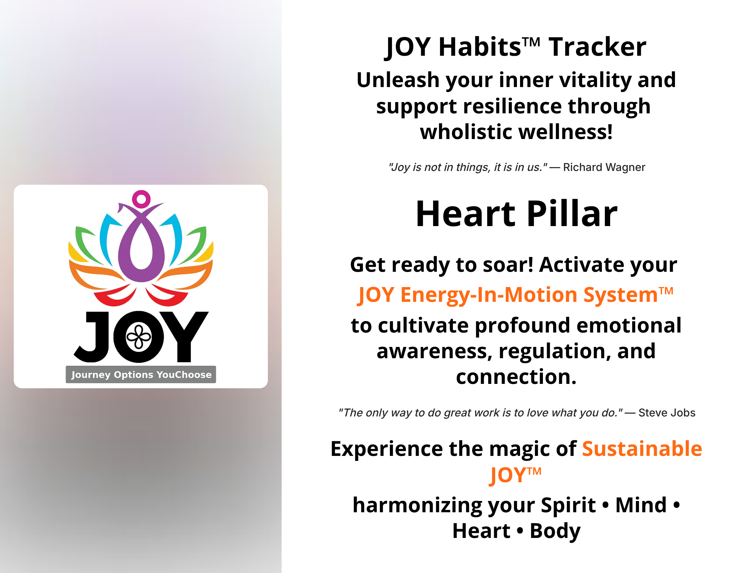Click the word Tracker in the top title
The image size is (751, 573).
[x=597, y=47]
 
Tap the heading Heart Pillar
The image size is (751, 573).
[x=516, y=214]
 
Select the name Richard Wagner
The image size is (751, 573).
[x=604, y=167]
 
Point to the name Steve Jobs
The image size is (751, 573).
[x=667, y=413]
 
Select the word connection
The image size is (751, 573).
[x=516, y=377]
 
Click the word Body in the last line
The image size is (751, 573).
[x=555, y=531]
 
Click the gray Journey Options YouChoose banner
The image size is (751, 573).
[x=141, y=374]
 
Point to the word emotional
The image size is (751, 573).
[x=629, y=325]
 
